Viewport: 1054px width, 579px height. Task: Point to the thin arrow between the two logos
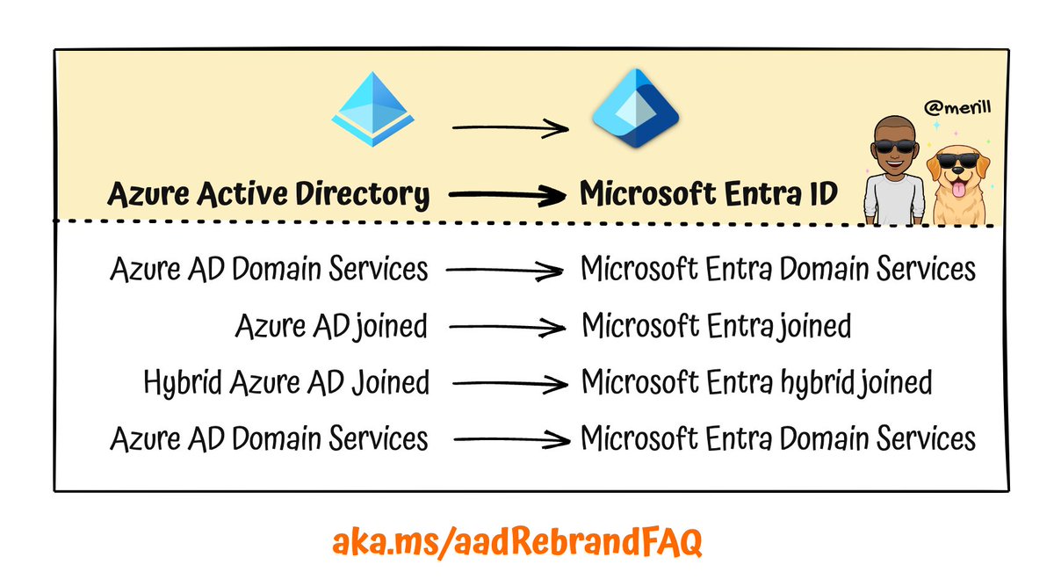509,129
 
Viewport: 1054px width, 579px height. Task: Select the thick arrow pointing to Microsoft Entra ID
504,195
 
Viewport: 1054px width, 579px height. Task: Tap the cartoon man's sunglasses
891,147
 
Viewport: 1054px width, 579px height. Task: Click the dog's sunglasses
959,163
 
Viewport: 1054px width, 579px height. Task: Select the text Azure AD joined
331,327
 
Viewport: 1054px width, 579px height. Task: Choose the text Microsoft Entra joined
716,327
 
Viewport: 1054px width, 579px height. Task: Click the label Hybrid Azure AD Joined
286,382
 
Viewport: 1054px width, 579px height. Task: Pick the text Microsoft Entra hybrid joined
756,382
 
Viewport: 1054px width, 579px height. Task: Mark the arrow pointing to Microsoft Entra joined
504,328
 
